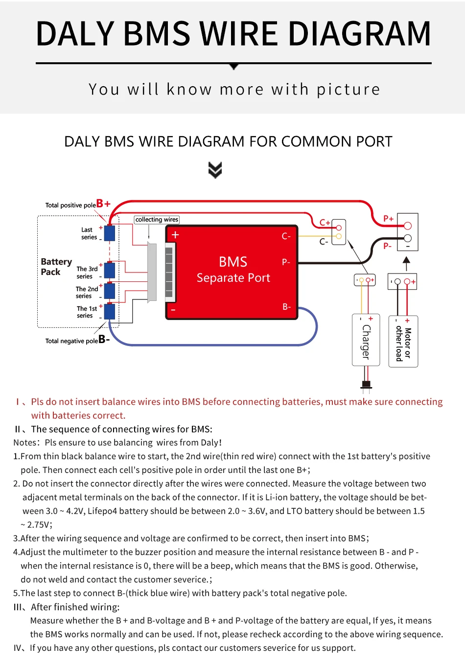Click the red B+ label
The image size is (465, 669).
[103, 203]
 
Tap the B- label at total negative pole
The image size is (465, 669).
[104, 339]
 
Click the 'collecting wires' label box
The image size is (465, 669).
[157, 220]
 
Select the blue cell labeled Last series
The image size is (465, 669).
[110, 233]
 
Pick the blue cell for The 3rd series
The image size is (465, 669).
[110, 270]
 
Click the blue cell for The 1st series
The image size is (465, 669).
[110, 311]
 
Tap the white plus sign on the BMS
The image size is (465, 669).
[175, 235]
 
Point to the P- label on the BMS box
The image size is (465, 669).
[286, 262]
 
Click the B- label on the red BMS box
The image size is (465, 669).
[287, 307]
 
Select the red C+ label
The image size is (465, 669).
[325, 223]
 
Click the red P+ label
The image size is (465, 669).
[388, 219]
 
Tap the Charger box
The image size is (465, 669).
[366, 340]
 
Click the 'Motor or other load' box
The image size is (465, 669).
[403, 342]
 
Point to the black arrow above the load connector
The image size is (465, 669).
[406, 263]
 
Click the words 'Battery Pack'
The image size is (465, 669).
[56, 267]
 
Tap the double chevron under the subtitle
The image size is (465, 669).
[215, 170]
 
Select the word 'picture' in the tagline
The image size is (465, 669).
[348, 90]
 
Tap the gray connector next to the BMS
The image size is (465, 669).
[152, 272]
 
